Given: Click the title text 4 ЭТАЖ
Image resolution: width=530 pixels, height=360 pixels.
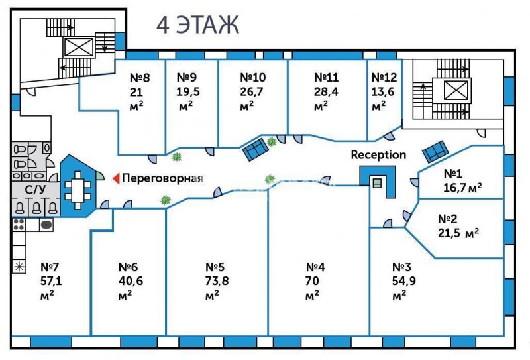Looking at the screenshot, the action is tap(197, 25).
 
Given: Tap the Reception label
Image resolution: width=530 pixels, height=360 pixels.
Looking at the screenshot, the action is tap(378, 155).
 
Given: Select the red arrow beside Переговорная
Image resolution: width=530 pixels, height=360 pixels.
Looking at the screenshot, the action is tap(117, 178).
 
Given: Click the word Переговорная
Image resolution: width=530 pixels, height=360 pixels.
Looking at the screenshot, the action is tap(162, 178).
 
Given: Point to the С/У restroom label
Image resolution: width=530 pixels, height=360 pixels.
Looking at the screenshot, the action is tap(35, 190).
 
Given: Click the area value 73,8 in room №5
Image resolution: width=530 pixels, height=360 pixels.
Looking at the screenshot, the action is tap(217, 281).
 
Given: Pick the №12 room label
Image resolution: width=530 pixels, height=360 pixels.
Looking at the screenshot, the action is tap(384, 78).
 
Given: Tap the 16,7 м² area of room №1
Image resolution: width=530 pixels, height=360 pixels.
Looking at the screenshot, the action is tap(462, 187).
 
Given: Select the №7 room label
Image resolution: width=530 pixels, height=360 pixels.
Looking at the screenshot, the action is tap(50, 267).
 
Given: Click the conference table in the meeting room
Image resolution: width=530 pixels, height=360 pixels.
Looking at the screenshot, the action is tap(78, 190).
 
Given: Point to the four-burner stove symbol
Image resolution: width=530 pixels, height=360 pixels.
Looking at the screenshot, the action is tap(19, 225).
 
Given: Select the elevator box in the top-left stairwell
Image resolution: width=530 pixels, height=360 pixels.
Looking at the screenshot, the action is tap(78, 47).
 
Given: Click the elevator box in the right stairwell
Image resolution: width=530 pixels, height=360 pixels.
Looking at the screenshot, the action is tap(456, 90).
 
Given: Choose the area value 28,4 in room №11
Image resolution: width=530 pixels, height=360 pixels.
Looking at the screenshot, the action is tap(326, 92).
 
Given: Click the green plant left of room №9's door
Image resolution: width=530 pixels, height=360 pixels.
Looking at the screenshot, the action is tap(176, 156).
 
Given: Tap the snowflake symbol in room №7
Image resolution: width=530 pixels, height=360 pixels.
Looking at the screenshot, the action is tap(19, 267).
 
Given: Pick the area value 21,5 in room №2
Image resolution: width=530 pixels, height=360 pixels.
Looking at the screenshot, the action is tap(450, 233).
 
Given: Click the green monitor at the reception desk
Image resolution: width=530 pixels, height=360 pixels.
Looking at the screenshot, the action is tap(377, 183).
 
